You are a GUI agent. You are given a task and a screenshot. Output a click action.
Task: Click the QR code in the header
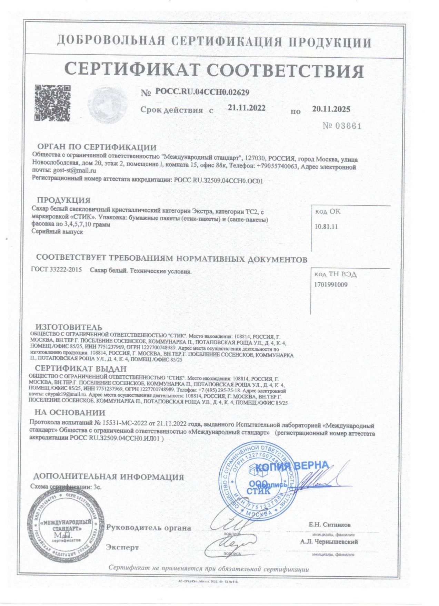click(x=53, y=103)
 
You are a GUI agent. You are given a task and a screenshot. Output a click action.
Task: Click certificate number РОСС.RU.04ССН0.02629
click(x=202, y=92)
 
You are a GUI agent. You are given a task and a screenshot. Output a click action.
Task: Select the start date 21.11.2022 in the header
click(x=247, y=108)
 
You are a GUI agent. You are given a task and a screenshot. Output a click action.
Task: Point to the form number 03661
click(x=342, y=126)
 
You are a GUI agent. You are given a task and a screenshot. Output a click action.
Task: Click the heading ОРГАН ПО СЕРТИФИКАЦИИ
click(x=97, y=147)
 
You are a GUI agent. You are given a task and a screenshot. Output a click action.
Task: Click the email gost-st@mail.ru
click(x=74, y=171)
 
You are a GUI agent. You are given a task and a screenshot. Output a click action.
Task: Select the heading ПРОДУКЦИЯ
click(x=64, y=200)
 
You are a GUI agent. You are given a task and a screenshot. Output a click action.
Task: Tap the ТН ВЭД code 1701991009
click(x=331, y=285)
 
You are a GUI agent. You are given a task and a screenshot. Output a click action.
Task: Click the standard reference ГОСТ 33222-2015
click(x=56, y=270)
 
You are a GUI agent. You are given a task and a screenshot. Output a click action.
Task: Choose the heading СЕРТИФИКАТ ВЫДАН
click(x=81, y=369)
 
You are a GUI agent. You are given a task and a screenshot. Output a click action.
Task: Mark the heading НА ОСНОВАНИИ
click(x=70, y=413)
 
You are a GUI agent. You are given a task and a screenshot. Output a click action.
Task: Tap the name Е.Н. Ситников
click(x=330, y=525)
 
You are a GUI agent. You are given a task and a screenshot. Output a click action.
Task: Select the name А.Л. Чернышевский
click(x=329, y=542)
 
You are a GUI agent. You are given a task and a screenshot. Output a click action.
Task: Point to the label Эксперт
click(x=122, y=547)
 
